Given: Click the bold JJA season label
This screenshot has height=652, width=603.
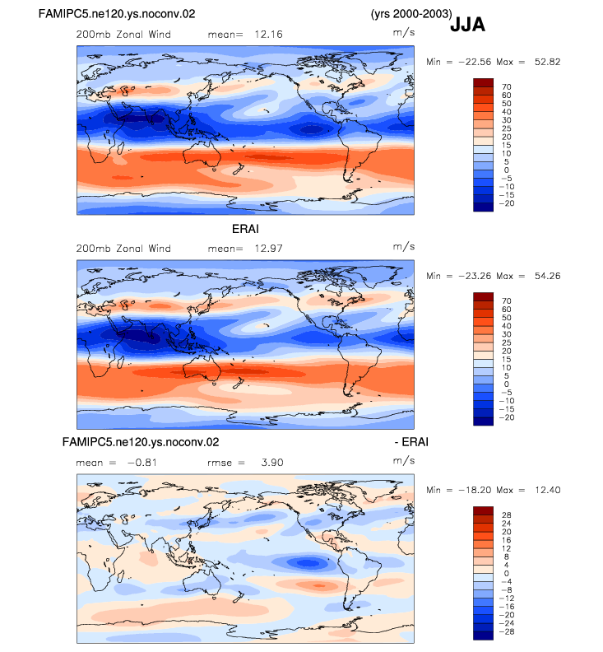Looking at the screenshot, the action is [x=467, y=25].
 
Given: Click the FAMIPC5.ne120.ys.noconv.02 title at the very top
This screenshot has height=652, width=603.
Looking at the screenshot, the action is [x=117, y=14].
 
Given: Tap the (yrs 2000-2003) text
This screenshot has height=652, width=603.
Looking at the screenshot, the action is [x=411, y=14].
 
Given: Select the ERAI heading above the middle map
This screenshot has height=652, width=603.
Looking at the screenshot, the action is [x=245, y=229].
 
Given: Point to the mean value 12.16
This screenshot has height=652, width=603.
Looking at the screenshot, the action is [x=268, y=34].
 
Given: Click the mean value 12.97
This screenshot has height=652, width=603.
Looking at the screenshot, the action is [x=268, y=249].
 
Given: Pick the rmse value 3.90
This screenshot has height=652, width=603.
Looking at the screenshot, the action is [x=272, y=463].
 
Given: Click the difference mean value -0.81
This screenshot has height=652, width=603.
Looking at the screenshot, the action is [x=142, y=463].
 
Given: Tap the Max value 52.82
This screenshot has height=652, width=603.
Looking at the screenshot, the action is [x=547, y=62].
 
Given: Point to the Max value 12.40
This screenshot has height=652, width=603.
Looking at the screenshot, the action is [x=547, y=490].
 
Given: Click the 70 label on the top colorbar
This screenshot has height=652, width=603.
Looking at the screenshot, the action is [x=506, y=86].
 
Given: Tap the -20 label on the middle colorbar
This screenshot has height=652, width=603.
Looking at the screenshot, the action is [x=507, y=417].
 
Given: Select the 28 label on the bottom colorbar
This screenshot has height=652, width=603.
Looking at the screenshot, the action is [x=506, y=515].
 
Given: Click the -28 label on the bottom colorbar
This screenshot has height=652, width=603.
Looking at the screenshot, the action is [x=507, y=631].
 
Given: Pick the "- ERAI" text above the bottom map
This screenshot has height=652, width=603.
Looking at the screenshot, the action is [x=411, y=441].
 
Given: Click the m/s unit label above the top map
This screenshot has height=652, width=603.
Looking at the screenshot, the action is [x=404, y=32].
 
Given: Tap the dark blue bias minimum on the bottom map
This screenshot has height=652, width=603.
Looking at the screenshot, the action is [x=307, y=563].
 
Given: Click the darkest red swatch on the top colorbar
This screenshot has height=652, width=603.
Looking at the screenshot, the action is [x=483, y=82].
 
